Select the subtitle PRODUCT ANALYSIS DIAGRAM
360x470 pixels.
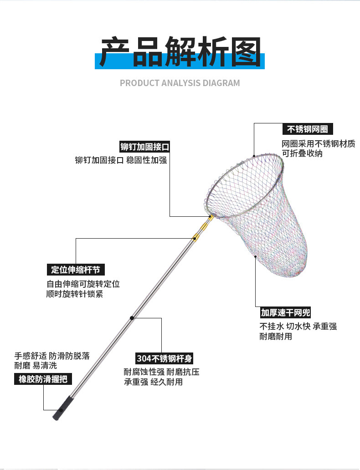(x=180, y=83)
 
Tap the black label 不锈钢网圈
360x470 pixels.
(x=307, y=129)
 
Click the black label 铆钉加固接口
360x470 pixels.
(x=144, y=147)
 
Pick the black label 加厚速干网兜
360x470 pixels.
(x=285, y=312)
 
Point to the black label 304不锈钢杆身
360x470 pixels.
(x=165, y=358)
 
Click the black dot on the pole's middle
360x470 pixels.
(x=131, y=317)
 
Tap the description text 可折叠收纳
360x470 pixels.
(x=302, y=154)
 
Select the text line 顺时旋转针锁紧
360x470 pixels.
(x=75, y=294)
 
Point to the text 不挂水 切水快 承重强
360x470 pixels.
(x=298, y=326)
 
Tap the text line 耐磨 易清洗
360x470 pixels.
(x=36, y=365)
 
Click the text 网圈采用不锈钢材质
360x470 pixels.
(x=318, y=144)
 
